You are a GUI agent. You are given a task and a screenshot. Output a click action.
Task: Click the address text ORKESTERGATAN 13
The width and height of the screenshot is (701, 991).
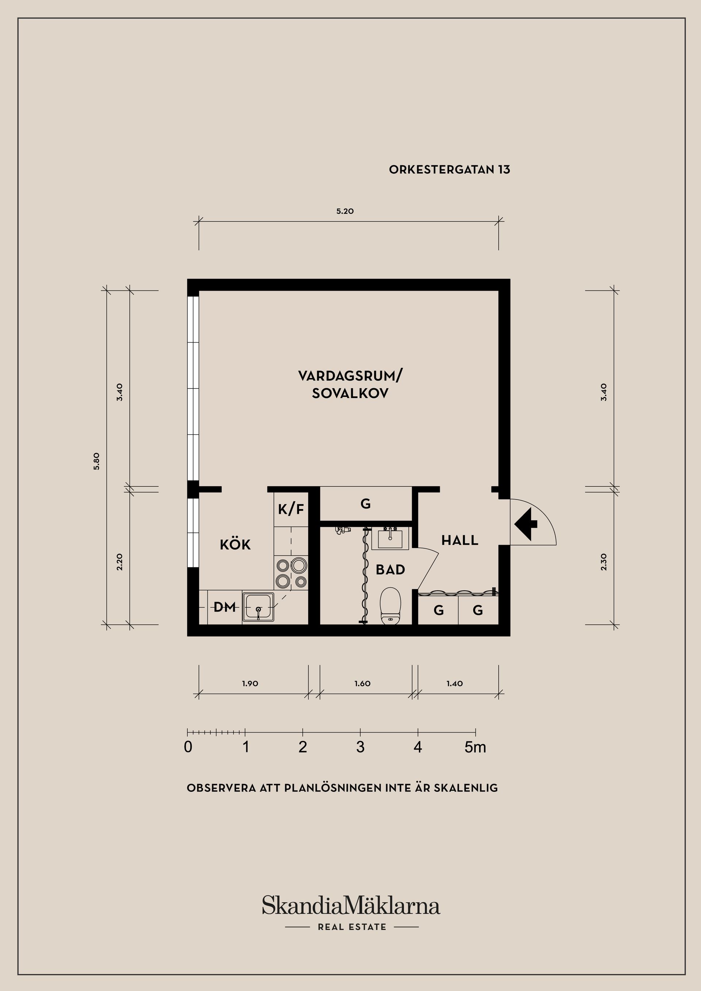tap(449, 170)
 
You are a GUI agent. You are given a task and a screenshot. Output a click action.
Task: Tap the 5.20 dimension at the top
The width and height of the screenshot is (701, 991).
tap(345, 212)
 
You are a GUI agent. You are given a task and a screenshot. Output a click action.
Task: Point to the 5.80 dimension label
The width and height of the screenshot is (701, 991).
tap(96, 461)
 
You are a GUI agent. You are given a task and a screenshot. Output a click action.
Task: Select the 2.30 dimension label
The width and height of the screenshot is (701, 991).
tap(604, 562)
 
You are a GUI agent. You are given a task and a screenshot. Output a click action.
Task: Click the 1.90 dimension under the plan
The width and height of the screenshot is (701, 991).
tap(250, 684)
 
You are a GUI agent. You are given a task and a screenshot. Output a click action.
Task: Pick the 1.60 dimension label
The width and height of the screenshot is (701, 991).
tap(363, 684)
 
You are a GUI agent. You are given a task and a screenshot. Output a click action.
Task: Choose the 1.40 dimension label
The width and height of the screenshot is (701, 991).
tap(455, 684)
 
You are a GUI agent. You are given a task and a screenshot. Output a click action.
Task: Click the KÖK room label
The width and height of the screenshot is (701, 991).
tap(235, 545)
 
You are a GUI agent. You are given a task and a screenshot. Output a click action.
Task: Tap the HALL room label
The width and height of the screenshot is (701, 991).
tap(460, 540)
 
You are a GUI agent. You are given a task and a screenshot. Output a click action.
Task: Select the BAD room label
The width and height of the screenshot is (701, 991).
tap(390, 570)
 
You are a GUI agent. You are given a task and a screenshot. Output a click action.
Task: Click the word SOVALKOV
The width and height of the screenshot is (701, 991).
tap(350, 393)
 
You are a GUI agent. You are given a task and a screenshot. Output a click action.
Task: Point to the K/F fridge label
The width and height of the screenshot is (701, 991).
tap(291, 510)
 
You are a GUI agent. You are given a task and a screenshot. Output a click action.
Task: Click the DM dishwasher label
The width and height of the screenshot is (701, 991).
tap(225, 607)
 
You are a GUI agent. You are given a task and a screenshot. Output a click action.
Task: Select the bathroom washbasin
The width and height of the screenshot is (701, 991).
tap(390, 538)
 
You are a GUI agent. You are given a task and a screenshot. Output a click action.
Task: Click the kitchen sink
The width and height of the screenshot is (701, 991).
tap(258, 607)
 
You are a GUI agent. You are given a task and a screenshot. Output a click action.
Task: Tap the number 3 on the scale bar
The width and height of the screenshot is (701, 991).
tap(360, 747)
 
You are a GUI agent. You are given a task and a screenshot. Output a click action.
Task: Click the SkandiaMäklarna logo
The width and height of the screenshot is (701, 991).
tap(351, 906)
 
